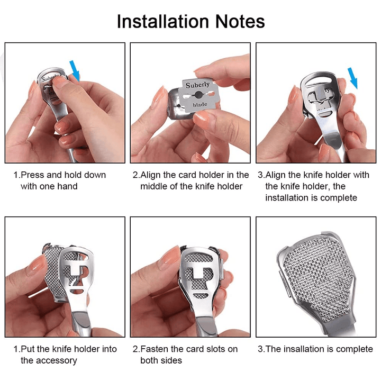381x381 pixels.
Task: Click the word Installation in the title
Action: click(x=163, y=22)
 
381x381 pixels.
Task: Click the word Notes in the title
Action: click(x=240, y=22)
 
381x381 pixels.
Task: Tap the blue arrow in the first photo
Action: click(x=75, y=70)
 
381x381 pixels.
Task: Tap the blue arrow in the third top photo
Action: click(x=352, y=78)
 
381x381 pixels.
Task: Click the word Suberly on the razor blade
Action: click(x=197, y=85)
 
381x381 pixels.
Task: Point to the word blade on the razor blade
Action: click(x=200, y=105)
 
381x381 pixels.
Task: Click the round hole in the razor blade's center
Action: click(x=198, y=95)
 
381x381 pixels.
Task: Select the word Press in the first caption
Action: click(x=33, y=175)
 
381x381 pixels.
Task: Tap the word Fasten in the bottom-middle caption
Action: click(x=155, y=349)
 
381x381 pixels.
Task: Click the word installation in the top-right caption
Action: click(x=287, y=198)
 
